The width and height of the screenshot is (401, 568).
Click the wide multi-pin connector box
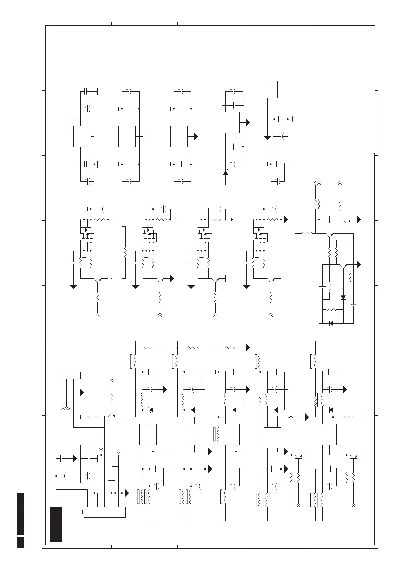(104, 512)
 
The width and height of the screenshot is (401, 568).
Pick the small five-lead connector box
(70, 375)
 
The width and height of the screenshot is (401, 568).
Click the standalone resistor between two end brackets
(125, 252)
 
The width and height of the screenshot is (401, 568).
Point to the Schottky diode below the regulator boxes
(225, 173)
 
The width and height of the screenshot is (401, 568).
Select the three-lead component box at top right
(271, 89)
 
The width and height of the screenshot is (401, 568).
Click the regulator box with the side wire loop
(82, 136)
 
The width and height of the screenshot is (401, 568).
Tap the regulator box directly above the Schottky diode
(231, 122)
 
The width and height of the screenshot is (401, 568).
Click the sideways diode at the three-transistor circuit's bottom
(331, 323)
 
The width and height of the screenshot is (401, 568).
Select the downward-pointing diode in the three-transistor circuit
(343, 297)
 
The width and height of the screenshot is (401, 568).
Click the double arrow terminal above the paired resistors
(317, 183)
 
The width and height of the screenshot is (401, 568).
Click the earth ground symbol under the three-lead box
(267, 138)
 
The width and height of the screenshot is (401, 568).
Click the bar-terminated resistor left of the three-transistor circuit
(305, 233)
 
